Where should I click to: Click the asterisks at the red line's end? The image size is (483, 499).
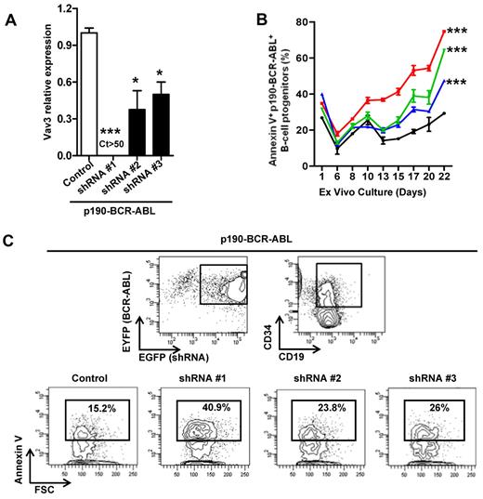point(461,33)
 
